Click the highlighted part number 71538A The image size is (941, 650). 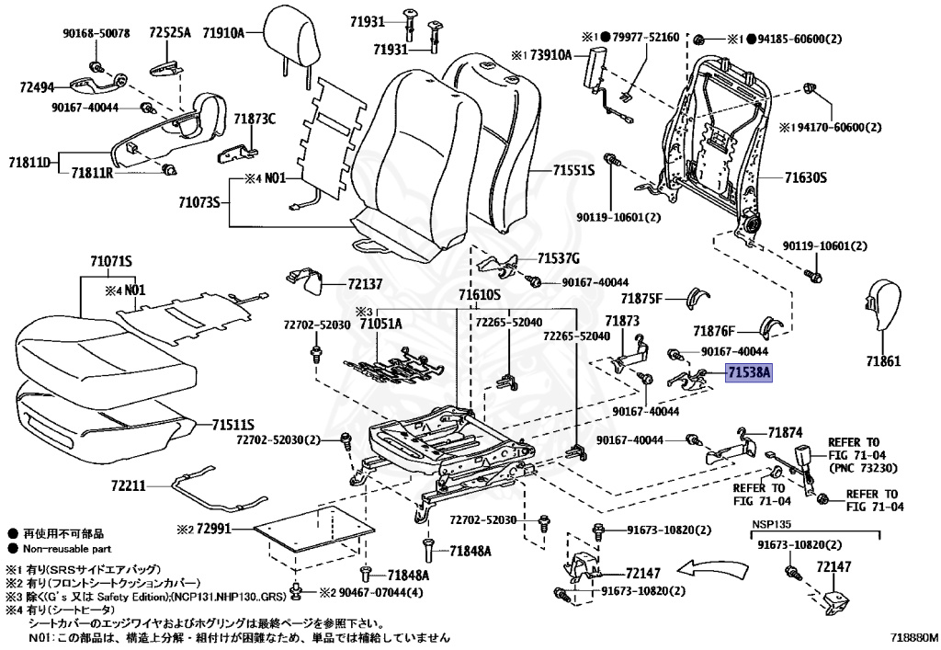pyautogui.click(x=748, y=373)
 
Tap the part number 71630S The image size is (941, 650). pyautogui.click(x=805, y=177)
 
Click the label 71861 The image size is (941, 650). pyautogui.click(x=883, y=361)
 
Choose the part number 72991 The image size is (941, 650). pyautogui.click(x=213, y=530)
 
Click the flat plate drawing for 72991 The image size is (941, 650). pyautogui.click(x=315, y=527)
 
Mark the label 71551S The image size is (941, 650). pyautogui.click(x=573, y=170)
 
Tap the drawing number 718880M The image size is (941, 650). pyautogui.click(x=914, y=637)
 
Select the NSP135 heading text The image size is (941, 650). pyautogui.click(x=772, y=524)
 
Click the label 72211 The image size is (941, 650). pyautogui.click(x=128, y=485)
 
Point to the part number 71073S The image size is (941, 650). pyautogui.click(x=199, y=202)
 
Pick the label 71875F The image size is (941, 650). pyautogui.click(x=641, y=298)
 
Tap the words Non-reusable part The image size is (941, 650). pyautogui.click(x=67, y=549)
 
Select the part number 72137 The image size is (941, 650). pyautogui.click(x=365, y=283)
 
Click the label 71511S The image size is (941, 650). pyautogui.click(x=232, y=426)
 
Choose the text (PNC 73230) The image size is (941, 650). pyautogui.click(x=863, y=468)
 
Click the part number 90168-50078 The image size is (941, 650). pyautogui.click(x=96, y=34)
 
